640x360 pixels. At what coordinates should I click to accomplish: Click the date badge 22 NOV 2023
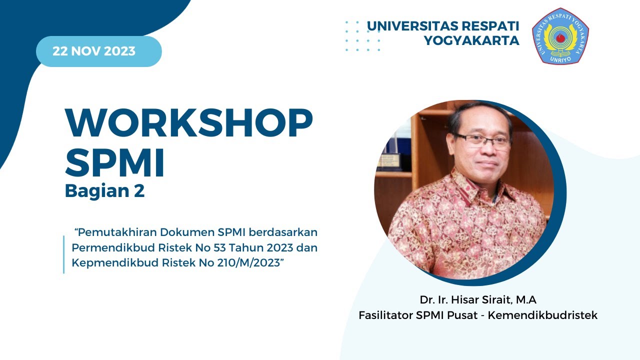click(x=98, y=51)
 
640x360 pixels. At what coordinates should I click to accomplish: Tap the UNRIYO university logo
click(x=560, y=35)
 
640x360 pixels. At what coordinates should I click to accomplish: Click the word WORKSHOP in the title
click(x=188, y=123)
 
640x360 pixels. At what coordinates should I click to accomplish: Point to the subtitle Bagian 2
click(x=104, y=191)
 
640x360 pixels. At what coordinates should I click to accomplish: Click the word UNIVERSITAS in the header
click(x=411, y=26)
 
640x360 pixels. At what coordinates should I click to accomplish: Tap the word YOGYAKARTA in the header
click(x=471, y=41)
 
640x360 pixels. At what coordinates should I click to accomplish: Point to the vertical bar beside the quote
click(x=64, y=254)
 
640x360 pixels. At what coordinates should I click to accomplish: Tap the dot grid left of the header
click(x=363, y=36)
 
